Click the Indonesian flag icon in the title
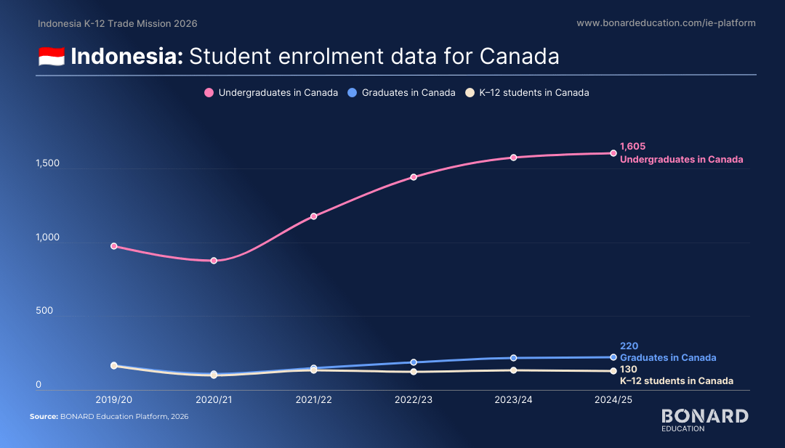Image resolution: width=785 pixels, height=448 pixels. click(x=52, y=57)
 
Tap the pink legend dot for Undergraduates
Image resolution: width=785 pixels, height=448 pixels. click(x=209, y=92)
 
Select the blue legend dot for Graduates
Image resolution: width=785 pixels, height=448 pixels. click(x=352, y=92)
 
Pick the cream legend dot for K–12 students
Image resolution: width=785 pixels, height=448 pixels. click(x=470, y=92)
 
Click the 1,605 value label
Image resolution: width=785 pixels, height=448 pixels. click(x=633, y=147)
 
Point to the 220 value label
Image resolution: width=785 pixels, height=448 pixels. click(x=629, y=346)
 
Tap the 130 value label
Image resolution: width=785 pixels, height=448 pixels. click(x=628, y=370)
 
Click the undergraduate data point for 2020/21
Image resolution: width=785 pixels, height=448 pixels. click(x=214, y=261)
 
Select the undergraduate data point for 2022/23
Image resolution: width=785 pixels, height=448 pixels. click(x=414, y=177)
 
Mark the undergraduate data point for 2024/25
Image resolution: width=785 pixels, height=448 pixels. click(x=613, y=153)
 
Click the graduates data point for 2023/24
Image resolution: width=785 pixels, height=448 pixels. click(x=514, y=358)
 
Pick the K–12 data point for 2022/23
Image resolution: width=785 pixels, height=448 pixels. click(x=414, y=372)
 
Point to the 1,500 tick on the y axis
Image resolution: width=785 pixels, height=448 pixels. click(x=47, y=163)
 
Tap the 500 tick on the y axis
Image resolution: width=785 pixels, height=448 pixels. click(x=44, y=311)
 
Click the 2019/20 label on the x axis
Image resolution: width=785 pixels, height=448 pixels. click(x=113, y=400)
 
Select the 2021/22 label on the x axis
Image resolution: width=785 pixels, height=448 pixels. click(x=314, y=400)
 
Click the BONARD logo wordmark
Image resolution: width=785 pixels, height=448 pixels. click(x=705, y=416)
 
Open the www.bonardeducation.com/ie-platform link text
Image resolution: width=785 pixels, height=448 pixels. click(x=666, y=23)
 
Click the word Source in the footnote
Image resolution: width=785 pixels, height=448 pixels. click(x=44, y=417)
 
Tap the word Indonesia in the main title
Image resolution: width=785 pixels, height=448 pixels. click(x=127, y=56)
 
